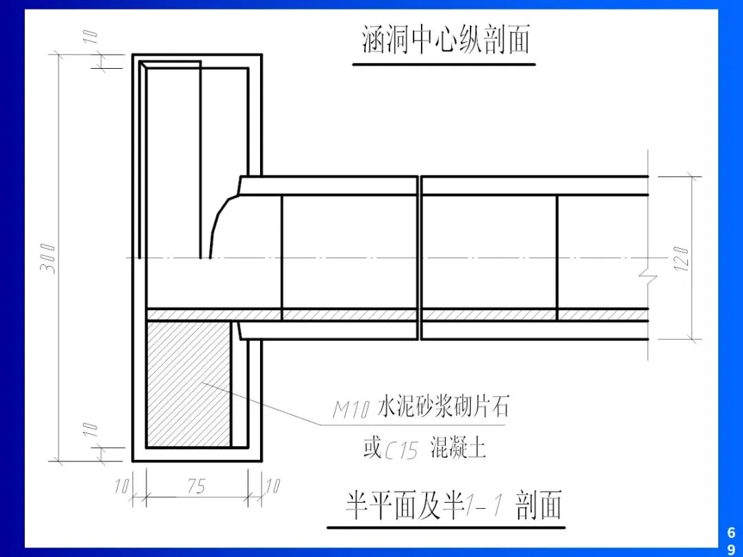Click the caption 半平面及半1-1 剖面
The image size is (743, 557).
tap(453, 505)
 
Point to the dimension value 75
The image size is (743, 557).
tap(196, 486)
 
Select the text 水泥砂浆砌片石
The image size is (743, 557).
tap(443, 408)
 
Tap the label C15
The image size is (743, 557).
tap(401, 451)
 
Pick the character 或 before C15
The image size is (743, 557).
tap(371, 449)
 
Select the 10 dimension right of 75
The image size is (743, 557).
tap(272, 486)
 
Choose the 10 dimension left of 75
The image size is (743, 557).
tap(122, 486)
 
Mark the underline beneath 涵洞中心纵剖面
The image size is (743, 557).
tap(444, 65)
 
